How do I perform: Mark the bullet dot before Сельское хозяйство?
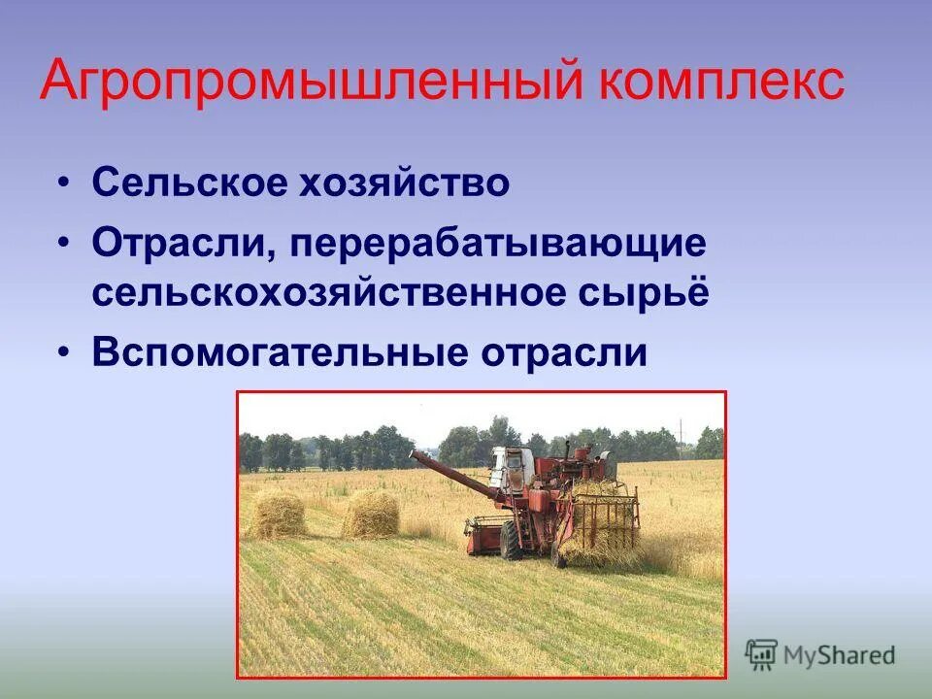click(x=64, y=183)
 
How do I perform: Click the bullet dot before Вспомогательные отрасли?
click(x=64, y=353)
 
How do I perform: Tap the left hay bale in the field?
click(x=278, y=515)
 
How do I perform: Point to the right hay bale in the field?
click(x=371, y=514)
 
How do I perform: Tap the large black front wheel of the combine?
click(x=512, y=540)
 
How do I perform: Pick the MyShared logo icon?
click(x=761, y=653)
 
